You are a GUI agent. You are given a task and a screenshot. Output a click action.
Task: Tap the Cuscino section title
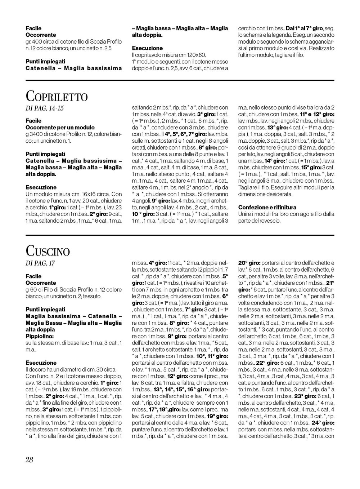pos(48,251)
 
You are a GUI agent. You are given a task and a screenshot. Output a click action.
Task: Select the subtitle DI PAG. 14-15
pos(45,108)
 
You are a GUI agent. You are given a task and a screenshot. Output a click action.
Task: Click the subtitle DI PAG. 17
pos(40,263)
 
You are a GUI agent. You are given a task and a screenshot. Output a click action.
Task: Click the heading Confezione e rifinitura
pos(267,207)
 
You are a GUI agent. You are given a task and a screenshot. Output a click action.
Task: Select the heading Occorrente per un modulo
pos(60,127)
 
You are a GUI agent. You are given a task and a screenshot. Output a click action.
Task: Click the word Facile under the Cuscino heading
pos(33,276)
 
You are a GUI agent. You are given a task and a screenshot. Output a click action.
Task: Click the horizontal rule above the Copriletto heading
pos(180,80)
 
